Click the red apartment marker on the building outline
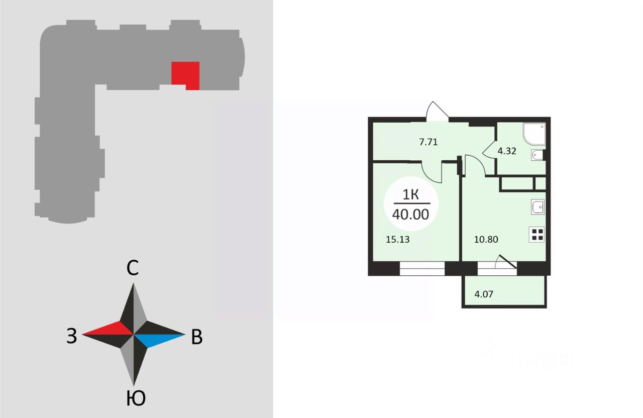point(185,74)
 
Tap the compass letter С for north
point(132,269)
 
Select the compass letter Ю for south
point(135,398)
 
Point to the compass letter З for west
point(72,336)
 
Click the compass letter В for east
point(197,338)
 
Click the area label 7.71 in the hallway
point(428,142)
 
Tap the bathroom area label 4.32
point(507,150)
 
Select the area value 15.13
point(397,240)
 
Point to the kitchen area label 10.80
point(486,240)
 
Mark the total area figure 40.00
point(410,215)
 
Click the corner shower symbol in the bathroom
point(534,134)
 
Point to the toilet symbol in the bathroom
point(537,155)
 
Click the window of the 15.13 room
point(422,269)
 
